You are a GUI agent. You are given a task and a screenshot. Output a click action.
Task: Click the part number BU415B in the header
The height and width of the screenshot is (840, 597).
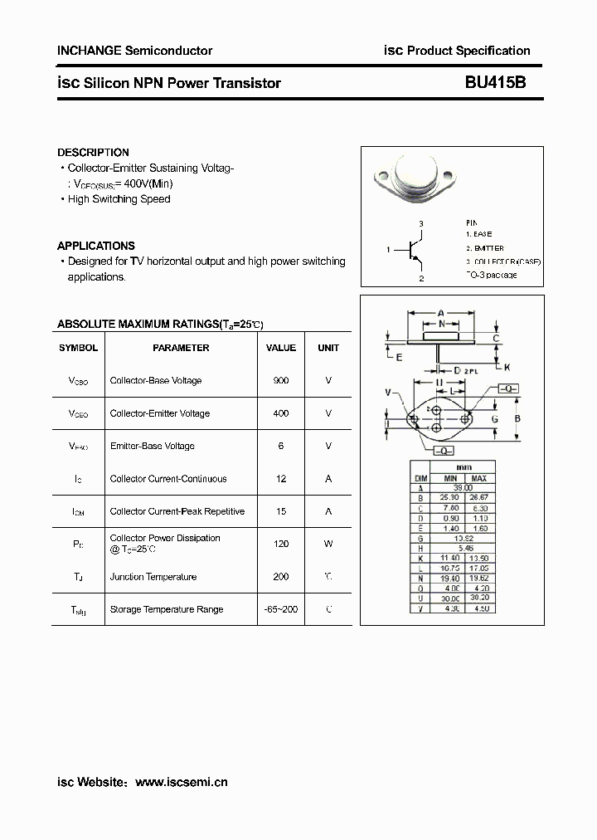coord(494,83)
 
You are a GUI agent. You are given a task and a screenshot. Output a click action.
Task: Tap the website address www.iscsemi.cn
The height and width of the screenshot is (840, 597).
coord(181,782)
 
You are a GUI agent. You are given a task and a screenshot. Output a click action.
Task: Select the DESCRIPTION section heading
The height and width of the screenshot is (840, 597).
coord(93,153)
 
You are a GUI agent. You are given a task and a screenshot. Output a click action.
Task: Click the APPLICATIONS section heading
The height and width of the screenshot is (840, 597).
coord(95,246)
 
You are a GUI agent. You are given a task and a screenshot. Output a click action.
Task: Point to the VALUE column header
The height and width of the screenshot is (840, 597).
coord(280,348)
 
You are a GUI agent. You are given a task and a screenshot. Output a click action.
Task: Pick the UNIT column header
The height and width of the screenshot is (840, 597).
coord(328,348)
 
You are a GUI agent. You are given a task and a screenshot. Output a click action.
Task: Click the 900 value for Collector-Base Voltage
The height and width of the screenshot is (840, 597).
coord(280,380)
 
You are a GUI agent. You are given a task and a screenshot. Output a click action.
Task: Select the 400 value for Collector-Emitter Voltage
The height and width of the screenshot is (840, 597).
coord(280,413)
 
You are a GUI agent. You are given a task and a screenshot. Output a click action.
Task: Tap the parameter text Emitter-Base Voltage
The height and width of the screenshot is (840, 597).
coord(152,446)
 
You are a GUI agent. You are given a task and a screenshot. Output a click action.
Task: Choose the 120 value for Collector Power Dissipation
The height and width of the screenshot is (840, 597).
coord(280,544)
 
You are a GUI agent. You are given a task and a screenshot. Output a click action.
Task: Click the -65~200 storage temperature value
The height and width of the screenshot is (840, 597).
coord(280,609)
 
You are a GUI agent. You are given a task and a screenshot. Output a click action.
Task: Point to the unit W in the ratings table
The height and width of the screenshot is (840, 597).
coord(328,544)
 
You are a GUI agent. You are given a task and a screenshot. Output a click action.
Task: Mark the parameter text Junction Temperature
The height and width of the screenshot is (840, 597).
coord(153,577)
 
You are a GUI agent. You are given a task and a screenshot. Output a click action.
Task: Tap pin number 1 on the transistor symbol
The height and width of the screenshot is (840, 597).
coord(388,249)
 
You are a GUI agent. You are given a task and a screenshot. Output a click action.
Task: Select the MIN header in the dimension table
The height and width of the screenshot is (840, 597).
coord(450,479)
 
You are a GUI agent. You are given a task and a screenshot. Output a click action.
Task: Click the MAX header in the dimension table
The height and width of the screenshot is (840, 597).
coord(478,479)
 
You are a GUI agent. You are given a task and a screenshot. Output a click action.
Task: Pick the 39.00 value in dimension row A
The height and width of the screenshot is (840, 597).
coord(464,488)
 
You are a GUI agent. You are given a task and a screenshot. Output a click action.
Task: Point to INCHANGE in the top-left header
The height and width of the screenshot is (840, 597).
coord(89,51)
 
